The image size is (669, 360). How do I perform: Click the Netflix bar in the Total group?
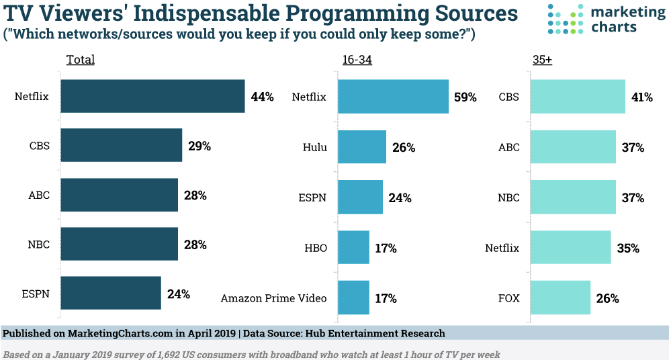152,97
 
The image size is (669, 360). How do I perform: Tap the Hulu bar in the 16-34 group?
361,147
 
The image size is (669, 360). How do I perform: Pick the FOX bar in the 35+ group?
561,298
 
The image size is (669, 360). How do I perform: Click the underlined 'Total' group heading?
80,60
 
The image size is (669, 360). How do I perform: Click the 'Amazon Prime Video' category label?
273,298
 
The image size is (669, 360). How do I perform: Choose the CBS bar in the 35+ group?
578,97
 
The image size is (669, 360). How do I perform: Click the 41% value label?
641,97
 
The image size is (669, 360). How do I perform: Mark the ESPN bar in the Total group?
111,294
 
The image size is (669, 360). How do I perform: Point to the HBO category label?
315,248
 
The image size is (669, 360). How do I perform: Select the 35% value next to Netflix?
627,248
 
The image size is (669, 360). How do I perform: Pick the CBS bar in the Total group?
122,146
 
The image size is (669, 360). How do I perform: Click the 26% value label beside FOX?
607,298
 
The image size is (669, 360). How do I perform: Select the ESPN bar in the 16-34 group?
360,197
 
